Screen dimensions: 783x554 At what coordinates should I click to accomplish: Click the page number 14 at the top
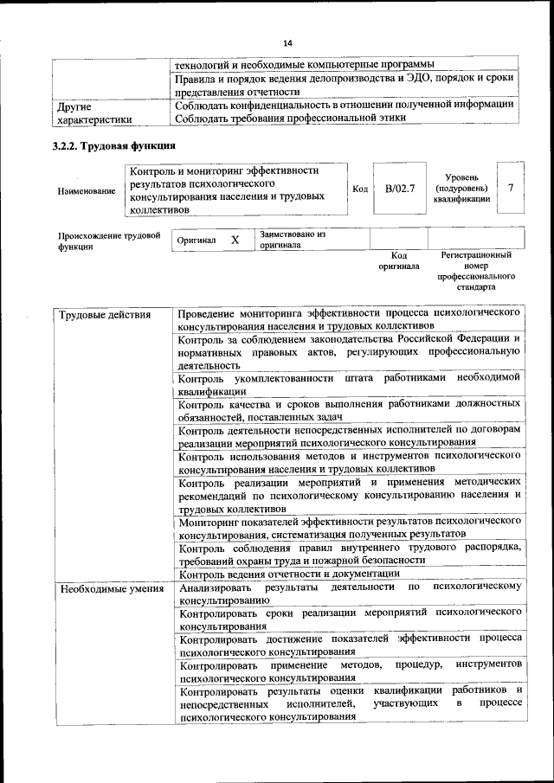[x=288, y=43]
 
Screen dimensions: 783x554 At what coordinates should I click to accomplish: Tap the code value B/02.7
[x=400, y=188]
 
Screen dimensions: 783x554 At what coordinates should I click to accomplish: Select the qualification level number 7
[x=511, y=188]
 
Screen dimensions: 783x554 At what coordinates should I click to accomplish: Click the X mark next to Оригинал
[x=235, y=239]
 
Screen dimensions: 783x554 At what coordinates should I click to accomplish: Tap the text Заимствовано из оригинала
[x=292, y=239]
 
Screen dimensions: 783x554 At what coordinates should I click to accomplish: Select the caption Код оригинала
[x=398, y=261]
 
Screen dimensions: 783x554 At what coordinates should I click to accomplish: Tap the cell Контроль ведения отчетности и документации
[x=289, y=573]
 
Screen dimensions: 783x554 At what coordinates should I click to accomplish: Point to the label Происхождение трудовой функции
[x=107, y=240]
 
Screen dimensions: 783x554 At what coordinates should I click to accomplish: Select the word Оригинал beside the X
[x=196, y=240]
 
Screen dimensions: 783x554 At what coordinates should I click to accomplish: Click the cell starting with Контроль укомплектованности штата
[x=348, y=384]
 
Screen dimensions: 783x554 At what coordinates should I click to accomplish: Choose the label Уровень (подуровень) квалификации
[x=461, y=188]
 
